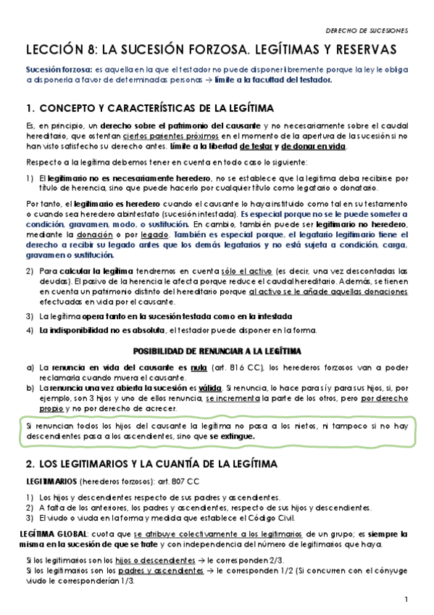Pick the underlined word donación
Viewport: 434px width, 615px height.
[x=84, y=234]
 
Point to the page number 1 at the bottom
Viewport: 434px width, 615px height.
[x=406, y=598]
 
